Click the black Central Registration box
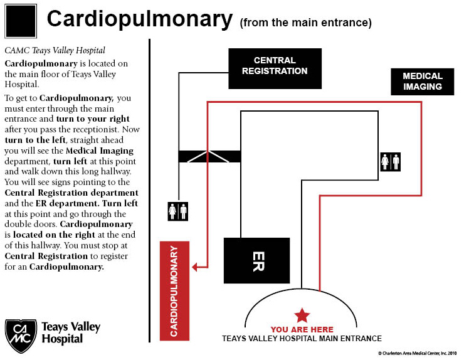(x=275, y=69)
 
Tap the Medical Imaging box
(x=422, y=82)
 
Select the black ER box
(x=256, y=260)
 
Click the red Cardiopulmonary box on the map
(x=174, y=291)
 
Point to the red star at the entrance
(x=302, y=315)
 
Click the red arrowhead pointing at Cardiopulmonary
(x=194, y=267)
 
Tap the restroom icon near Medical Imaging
(x=390, y=162)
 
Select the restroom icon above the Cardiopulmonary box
(x=178, y=211)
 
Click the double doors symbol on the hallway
(x=209, y=157)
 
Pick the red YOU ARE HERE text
(x=302, y=329)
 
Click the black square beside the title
(x=21, y=21)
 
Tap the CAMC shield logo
(x=21, y=336)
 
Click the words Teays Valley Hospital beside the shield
(x=71, y=333)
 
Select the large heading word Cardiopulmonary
(x=140, y=19)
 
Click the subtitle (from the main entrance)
(x=306, y=23)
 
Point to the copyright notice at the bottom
(x=417, y=353)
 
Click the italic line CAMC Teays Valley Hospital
(x=55, y=50)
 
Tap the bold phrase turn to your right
(x=93, y=119)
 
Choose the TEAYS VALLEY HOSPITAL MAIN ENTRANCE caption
(x=302, y=339)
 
